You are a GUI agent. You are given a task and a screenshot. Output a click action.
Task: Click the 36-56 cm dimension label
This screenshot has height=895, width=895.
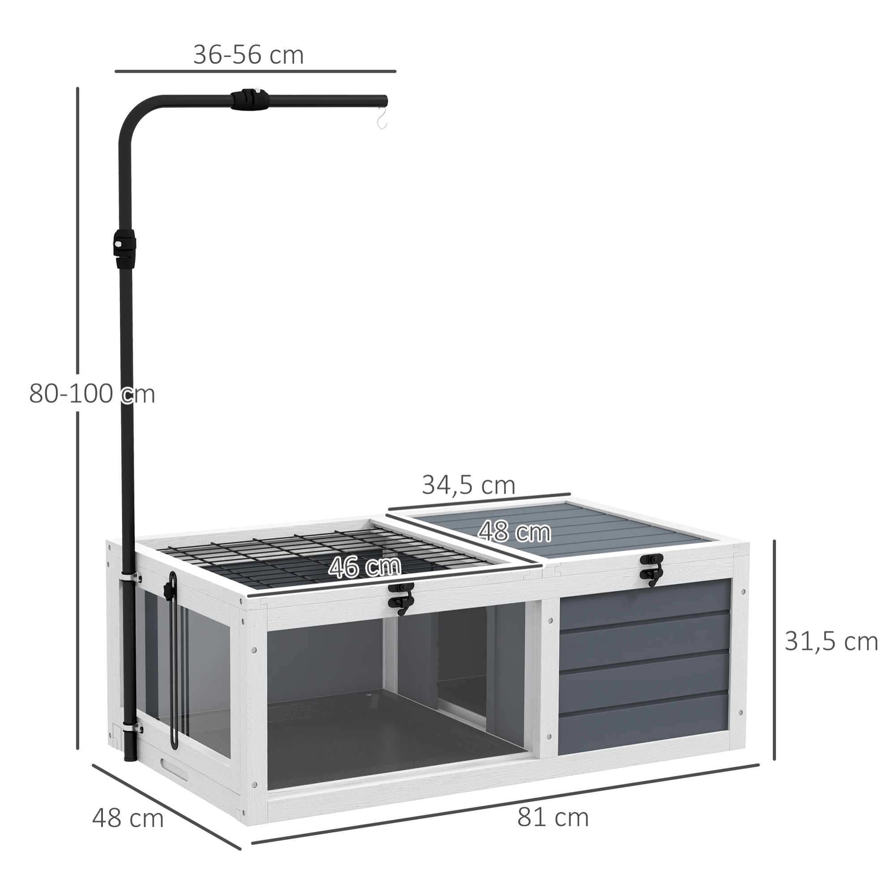pos(248,55)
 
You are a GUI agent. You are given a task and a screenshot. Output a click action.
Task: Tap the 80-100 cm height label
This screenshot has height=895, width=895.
pos(92,394)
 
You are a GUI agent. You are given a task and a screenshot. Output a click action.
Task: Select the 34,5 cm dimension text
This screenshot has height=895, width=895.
pos(469,485)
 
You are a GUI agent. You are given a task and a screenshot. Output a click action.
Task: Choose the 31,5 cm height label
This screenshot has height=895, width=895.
pos(831,642)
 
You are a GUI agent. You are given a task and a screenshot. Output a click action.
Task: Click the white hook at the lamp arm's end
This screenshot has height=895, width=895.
pos(382,118)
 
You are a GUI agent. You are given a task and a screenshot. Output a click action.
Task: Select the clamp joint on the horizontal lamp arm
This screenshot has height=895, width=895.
pos(250,100)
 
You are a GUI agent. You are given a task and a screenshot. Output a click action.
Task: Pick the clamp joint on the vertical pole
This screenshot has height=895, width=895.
pos(124,244)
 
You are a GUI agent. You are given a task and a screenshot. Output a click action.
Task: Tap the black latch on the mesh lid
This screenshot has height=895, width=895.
pos(401,598)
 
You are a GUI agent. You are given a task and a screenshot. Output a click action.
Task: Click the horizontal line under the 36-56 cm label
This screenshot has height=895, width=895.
pos(255,71)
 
